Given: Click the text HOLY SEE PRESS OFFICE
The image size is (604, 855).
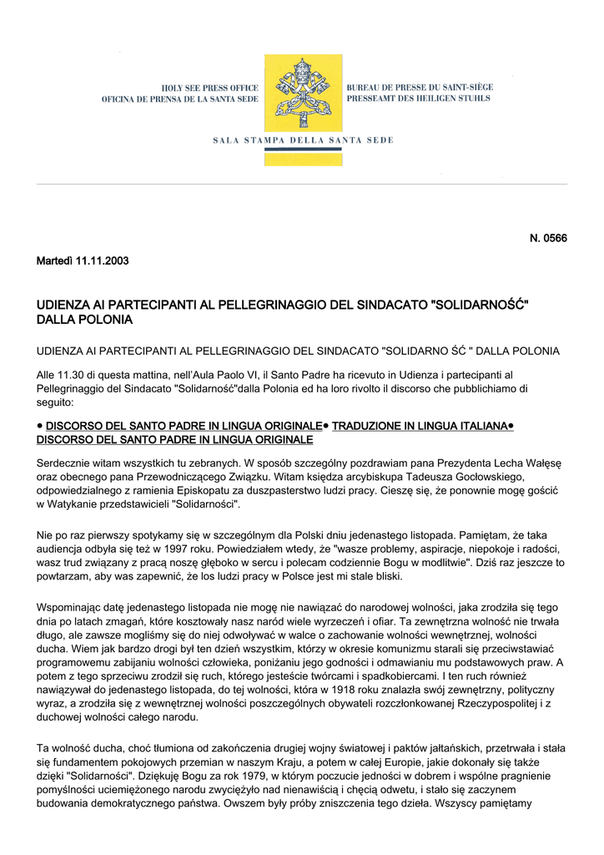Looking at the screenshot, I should (209, 88).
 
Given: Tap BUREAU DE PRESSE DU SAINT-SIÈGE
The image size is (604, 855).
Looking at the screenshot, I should (419, 88).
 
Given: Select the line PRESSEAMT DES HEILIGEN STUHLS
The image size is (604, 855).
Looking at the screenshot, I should (418, 99).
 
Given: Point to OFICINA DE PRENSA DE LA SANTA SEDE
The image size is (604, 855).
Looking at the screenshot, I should (180, 99).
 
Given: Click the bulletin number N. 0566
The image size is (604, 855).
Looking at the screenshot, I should (548, 239).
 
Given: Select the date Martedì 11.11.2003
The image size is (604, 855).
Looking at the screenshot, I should (83, 261).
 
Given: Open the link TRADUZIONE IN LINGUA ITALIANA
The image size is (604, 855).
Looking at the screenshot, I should (420, 426).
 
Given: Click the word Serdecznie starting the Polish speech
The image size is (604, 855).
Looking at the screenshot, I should (67, 462).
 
